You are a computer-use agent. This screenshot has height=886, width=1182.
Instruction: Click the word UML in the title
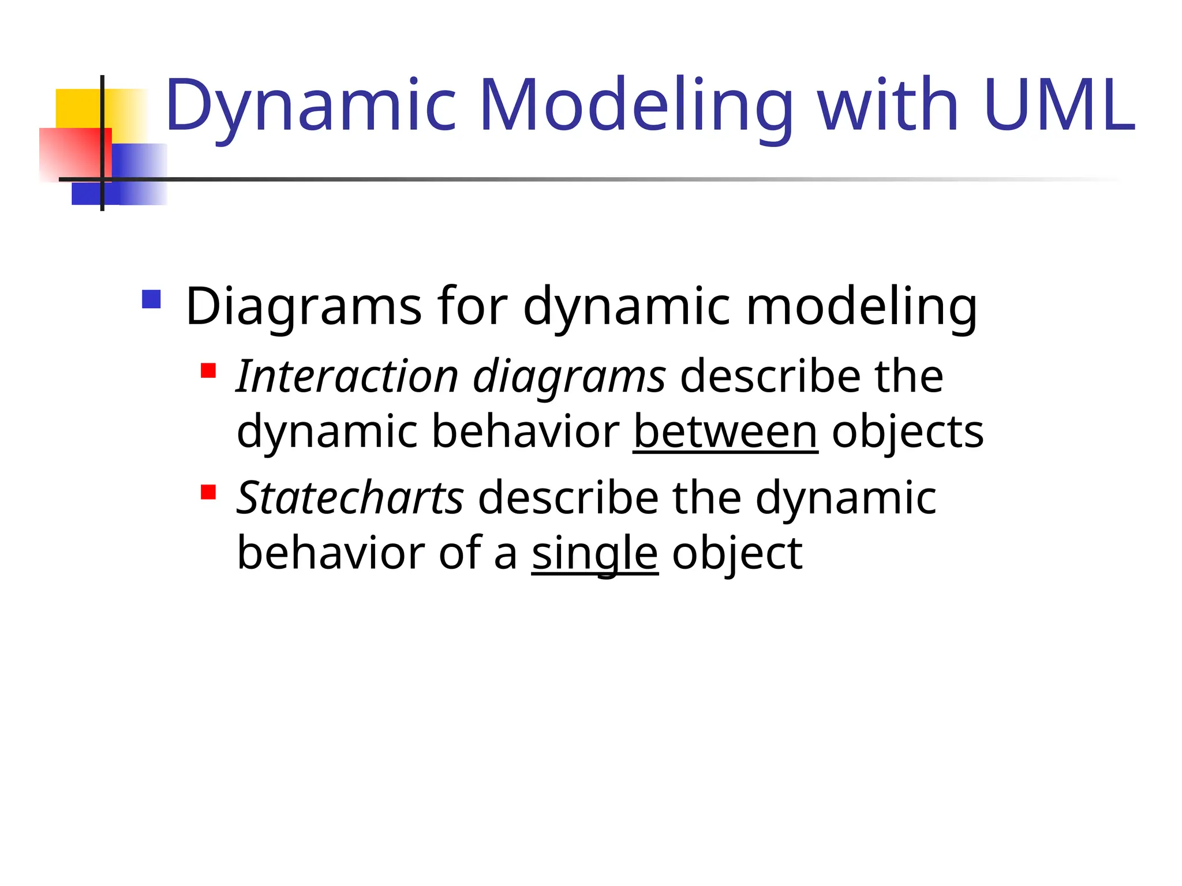click(1060, 106)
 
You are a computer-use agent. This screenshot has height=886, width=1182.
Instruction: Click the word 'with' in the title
click(888, 106)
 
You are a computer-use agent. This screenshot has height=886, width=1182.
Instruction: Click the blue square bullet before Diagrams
click(151, 299)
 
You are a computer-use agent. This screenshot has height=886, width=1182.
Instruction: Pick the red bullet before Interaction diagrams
click(208, 370)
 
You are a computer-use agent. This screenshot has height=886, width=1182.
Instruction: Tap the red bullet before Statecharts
click(208, 492)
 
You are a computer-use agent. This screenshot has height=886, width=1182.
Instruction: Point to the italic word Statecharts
click(350, 497)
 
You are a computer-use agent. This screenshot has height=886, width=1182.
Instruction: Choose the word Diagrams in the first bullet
click(304, 307)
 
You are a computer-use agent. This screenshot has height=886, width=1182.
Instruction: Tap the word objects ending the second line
click(907, 433)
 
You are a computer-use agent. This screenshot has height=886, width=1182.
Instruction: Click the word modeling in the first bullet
click(861, 307)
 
